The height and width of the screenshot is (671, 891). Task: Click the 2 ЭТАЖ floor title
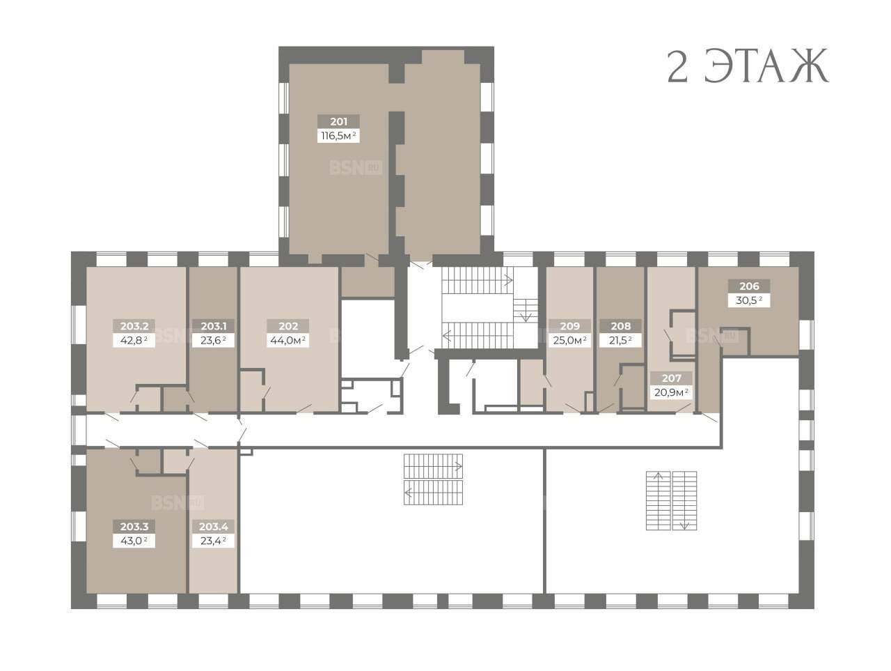[x=748, y=66]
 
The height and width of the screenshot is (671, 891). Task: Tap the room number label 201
[x=338, y=121]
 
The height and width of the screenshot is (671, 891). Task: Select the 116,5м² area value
[x=338, y=135]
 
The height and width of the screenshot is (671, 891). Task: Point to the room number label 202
[x=288, y=326]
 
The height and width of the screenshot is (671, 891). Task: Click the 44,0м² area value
[x=288, y=340]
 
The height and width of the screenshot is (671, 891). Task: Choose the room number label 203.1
[x=214, y=326]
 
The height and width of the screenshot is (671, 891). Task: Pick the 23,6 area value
[x=214, y=340]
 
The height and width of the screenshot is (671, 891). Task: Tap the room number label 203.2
[x=134, y=326]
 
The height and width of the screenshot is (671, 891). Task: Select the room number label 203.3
[x=134, y=526]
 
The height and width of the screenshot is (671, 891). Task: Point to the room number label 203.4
[x=214, y=526]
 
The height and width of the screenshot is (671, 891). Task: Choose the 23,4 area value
[x=214, y=541]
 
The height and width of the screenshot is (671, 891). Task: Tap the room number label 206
[x=749, y=286]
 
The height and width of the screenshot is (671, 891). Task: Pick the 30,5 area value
[x=749, y=300]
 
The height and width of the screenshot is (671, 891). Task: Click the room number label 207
[x=672, y=378]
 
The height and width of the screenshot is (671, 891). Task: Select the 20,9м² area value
[x=672, y=392]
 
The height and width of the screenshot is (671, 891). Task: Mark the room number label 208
[x=621, y=326]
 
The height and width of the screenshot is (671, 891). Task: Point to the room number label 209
[x=570, y=326]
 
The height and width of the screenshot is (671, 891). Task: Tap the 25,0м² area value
[x=570, y=340]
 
